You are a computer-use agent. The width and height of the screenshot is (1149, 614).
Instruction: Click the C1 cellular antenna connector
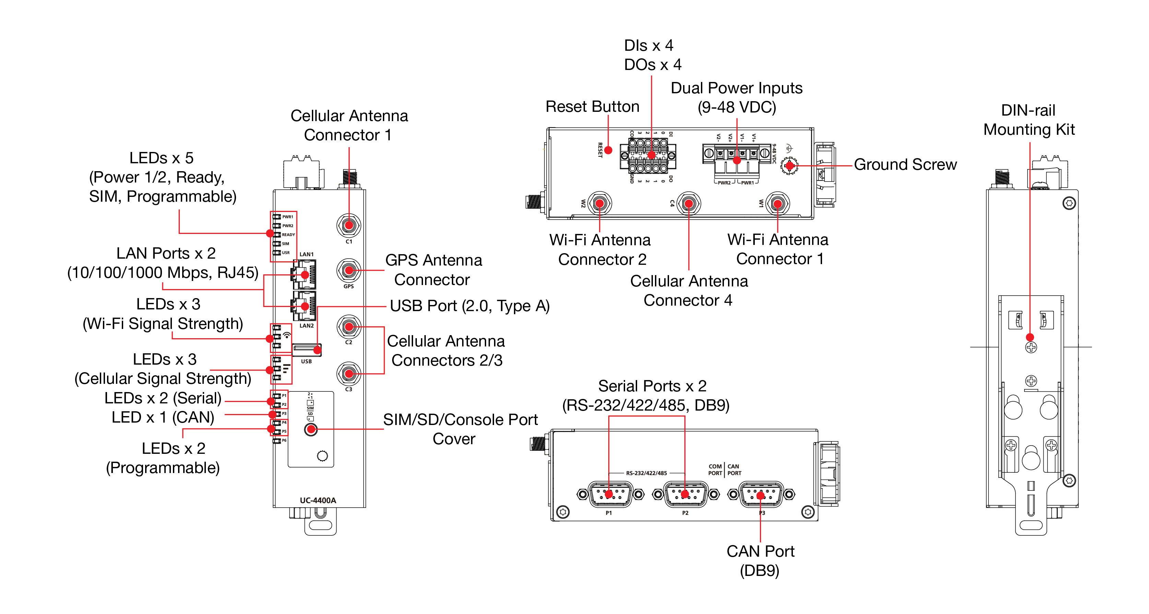click(349, 225)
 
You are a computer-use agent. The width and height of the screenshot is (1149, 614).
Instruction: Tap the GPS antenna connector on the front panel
click(349, 270)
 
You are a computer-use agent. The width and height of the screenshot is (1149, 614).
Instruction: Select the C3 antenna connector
click(349, 374)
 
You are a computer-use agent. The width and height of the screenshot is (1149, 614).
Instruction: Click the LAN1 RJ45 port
click(305, 274)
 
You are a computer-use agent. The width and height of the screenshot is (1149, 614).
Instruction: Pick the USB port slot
click(306, 350)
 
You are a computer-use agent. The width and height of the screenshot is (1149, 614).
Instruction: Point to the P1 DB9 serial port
click(610, 494)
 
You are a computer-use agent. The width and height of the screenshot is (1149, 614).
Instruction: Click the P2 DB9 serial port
click(685, 494)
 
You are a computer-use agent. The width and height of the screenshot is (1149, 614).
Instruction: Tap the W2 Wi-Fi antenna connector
click(599, 204)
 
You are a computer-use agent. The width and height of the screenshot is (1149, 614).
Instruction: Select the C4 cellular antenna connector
click(689, 204)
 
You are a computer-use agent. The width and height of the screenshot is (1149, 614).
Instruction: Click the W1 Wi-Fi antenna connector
click(777, 204)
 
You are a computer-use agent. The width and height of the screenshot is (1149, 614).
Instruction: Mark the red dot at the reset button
click(608, 150)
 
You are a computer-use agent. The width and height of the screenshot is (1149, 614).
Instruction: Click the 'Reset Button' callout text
click(593, 107)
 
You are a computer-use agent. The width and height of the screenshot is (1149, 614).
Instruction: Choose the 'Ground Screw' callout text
click(905, 165)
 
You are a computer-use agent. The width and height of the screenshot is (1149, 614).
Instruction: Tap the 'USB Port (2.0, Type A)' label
click(470, 306)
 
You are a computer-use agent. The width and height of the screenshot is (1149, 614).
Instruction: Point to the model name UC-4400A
click(318, 500)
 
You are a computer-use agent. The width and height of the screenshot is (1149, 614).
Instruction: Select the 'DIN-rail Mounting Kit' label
click(1029, 120)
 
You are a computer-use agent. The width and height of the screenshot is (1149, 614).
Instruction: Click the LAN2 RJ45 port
click(305, 306)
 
